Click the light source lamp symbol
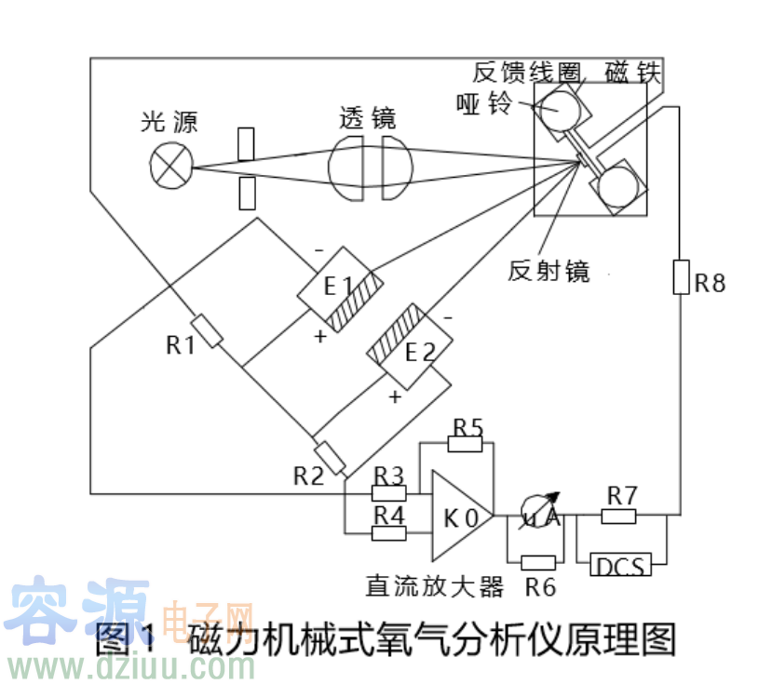pos(171,167)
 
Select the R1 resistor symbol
pos(207,331)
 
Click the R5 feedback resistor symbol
pos(467,444)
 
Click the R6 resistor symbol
pos(538,562)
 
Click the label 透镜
pos(368,118)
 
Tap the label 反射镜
pos(549,271)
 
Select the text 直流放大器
pos(435,586)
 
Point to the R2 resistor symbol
pos(330,455)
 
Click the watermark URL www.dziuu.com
pos(130,665)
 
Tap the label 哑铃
pos(484,102)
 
